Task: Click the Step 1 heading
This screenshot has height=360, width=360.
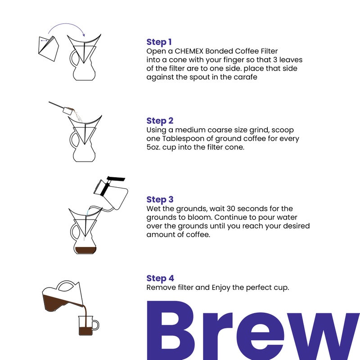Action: click(159, 42)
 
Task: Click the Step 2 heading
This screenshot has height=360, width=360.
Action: click(160, 121)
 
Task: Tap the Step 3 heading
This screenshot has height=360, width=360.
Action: click(160, 199)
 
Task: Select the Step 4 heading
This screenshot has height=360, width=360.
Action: click(160, 278)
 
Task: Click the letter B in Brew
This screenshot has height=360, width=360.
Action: click(176, 331)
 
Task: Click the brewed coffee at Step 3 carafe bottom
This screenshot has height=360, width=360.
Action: click(85, 250)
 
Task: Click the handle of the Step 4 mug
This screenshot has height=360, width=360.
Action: click(95, 324)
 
